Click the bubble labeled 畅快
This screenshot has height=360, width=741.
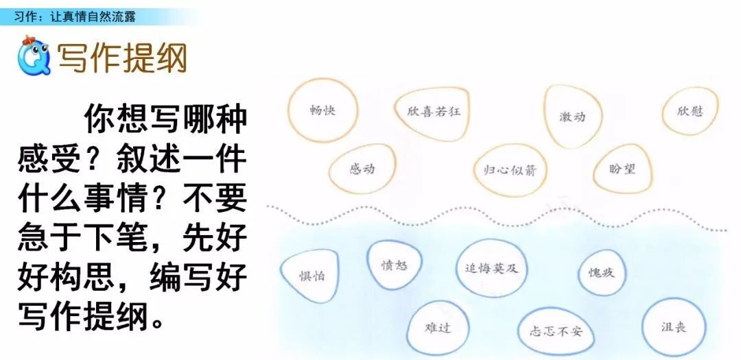click(x=322, y=110)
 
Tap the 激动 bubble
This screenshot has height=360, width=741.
click(x=572, y=116)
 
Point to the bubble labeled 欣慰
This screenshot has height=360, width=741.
click(x=690, y=111)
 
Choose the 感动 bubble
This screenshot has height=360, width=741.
click(x=362, y=168)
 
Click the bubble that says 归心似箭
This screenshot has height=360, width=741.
click(x=510, y=170)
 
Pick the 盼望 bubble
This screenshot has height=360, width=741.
click(x=622, y=169)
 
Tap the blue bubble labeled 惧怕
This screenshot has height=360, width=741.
click(x=311, y=276)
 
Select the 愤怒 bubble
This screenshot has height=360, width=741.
click(x=394, y=265)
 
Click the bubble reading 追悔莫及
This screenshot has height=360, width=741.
click(x=491, y=268)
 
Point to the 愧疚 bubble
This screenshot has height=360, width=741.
click(x=602, y=273)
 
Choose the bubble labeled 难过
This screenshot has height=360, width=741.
click(x=438, y=327)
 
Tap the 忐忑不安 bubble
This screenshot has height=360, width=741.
click(x=556, y=331)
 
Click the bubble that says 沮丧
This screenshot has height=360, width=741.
click(x=674, y=327)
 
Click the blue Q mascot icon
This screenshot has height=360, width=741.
click(x=34, y=56)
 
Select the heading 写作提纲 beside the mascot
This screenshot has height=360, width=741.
click(x=122, y=58)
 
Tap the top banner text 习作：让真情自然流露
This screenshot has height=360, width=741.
click(x=75, y=17)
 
